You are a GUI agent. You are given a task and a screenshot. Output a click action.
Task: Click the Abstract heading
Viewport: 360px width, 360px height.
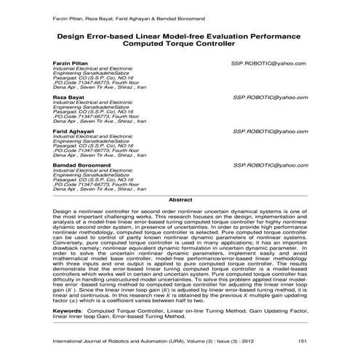[x=180, y=199]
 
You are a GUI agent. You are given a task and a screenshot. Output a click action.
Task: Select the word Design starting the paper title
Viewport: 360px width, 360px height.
[x=71, y=34]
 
